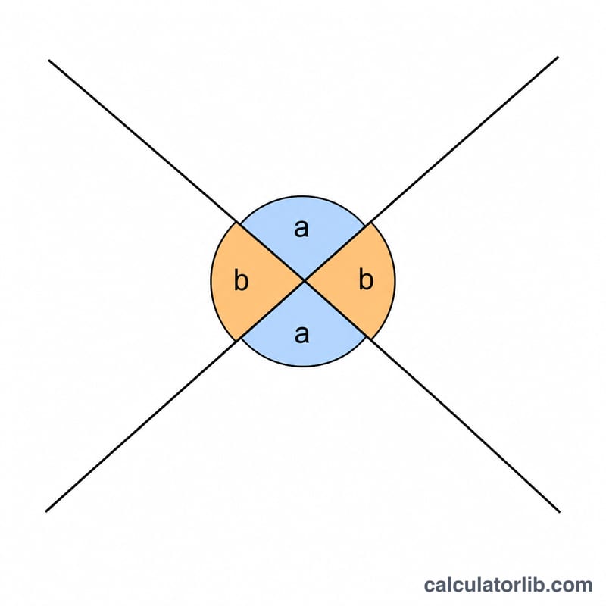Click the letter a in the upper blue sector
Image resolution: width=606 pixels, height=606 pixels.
point(301,229)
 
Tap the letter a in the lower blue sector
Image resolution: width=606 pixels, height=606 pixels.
point(301,334)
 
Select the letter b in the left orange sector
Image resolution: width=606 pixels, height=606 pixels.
point(241,280)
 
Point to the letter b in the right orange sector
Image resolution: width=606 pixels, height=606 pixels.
point(366,279)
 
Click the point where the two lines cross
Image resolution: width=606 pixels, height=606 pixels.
point(305,280)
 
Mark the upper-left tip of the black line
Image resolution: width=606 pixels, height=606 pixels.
point(48,61)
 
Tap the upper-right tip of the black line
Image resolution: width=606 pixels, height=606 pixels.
point(558,58)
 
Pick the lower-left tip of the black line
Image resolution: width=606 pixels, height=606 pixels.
point(46,512)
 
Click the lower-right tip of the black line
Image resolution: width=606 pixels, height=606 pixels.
point(560,513)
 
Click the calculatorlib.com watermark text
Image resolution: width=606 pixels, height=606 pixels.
point(508,585)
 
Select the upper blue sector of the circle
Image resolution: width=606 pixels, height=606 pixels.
point(303,232)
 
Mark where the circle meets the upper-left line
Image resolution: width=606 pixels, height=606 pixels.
point(238,223)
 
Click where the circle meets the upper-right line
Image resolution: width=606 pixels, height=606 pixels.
point(367,223)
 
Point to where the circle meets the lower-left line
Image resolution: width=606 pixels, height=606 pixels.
point(239,339)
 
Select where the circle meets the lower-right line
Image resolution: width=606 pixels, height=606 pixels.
point(368,339)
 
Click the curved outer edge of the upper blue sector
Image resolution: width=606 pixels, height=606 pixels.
point(303,196)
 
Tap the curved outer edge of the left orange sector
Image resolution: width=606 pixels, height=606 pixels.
point(211,281)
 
